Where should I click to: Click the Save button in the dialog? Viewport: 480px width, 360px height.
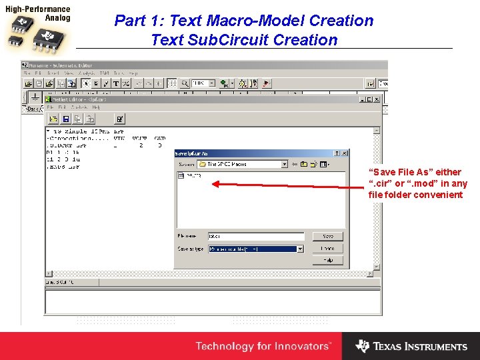point(327,237)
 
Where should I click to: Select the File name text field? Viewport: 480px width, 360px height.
point(255,237)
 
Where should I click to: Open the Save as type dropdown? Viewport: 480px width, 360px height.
point(255,249)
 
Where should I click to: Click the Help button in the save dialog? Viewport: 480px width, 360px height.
point(327,261)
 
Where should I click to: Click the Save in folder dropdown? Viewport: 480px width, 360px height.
point(246,164)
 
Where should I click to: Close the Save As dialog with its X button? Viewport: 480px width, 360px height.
point(344,153)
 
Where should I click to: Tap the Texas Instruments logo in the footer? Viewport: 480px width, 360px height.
point(411,346)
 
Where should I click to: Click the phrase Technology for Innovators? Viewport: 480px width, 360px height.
point(263,346)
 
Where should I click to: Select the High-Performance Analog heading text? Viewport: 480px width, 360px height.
point(37,13)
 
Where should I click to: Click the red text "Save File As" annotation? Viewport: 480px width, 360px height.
point(417,183)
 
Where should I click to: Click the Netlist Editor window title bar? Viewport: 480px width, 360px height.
point(200,99)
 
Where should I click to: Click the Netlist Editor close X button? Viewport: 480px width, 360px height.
point(377,99)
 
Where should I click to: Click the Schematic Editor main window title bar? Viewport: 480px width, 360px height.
point(200,65)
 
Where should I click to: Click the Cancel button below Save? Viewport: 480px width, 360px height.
point(327,249)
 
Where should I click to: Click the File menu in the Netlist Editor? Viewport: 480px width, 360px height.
point(51,107)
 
